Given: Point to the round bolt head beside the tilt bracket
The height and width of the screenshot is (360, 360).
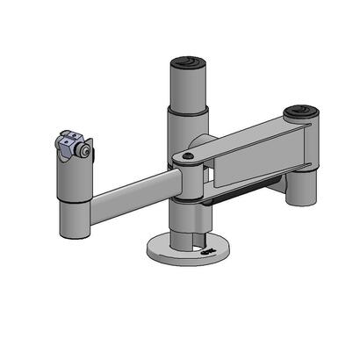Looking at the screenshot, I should click(84, 152).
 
